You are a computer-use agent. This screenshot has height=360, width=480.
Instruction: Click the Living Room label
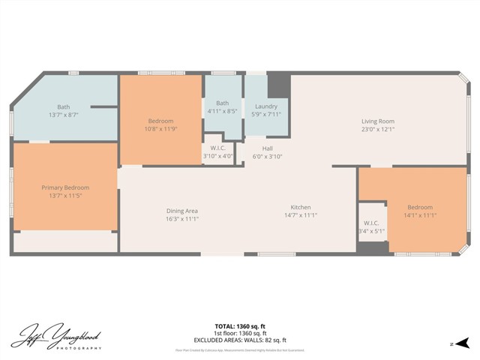click(x=377, y=121)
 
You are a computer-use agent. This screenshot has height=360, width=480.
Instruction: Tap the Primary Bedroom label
click(x=65, y=187)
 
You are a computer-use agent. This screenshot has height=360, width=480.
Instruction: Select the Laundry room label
click(x=266, y=106)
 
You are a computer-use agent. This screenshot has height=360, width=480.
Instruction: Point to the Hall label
click(x=267, y=148)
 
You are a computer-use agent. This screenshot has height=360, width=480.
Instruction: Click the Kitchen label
click(x=301, y=208)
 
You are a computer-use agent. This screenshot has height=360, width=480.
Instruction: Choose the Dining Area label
click(x=181, y=211)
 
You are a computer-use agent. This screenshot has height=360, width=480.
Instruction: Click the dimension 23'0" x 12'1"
click(x=377, y=130)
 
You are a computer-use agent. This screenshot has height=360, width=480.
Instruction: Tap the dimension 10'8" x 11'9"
click(x=160, y=130)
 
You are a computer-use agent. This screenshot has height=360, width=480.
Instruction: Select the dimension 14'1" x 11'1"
click(x=420, y=215)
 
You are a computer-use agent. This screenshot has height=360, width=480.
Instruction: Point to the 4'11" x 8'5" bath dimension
click(x=223, y=111)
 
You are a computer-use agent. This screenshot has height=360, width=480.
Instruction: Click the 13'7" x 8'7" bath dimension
click(x=64, y=115)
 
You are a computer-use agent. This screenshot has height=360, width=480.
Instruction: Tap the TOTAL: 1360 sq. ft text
click(x=241, y=326)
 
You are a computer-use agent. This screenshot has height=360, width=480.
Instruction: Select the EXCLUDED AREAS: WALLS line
click(x=241, y=340)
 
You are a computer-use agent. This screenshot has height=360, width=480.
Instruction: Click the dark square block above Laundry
click(x=278, y=82)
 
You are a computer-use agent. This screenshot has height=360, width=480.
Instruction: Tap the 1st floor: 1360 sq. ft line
click(x=241, y=333)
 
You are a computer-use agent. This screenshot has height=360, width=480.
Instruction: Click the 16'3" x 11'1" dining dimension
click(x=181, y=220)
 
